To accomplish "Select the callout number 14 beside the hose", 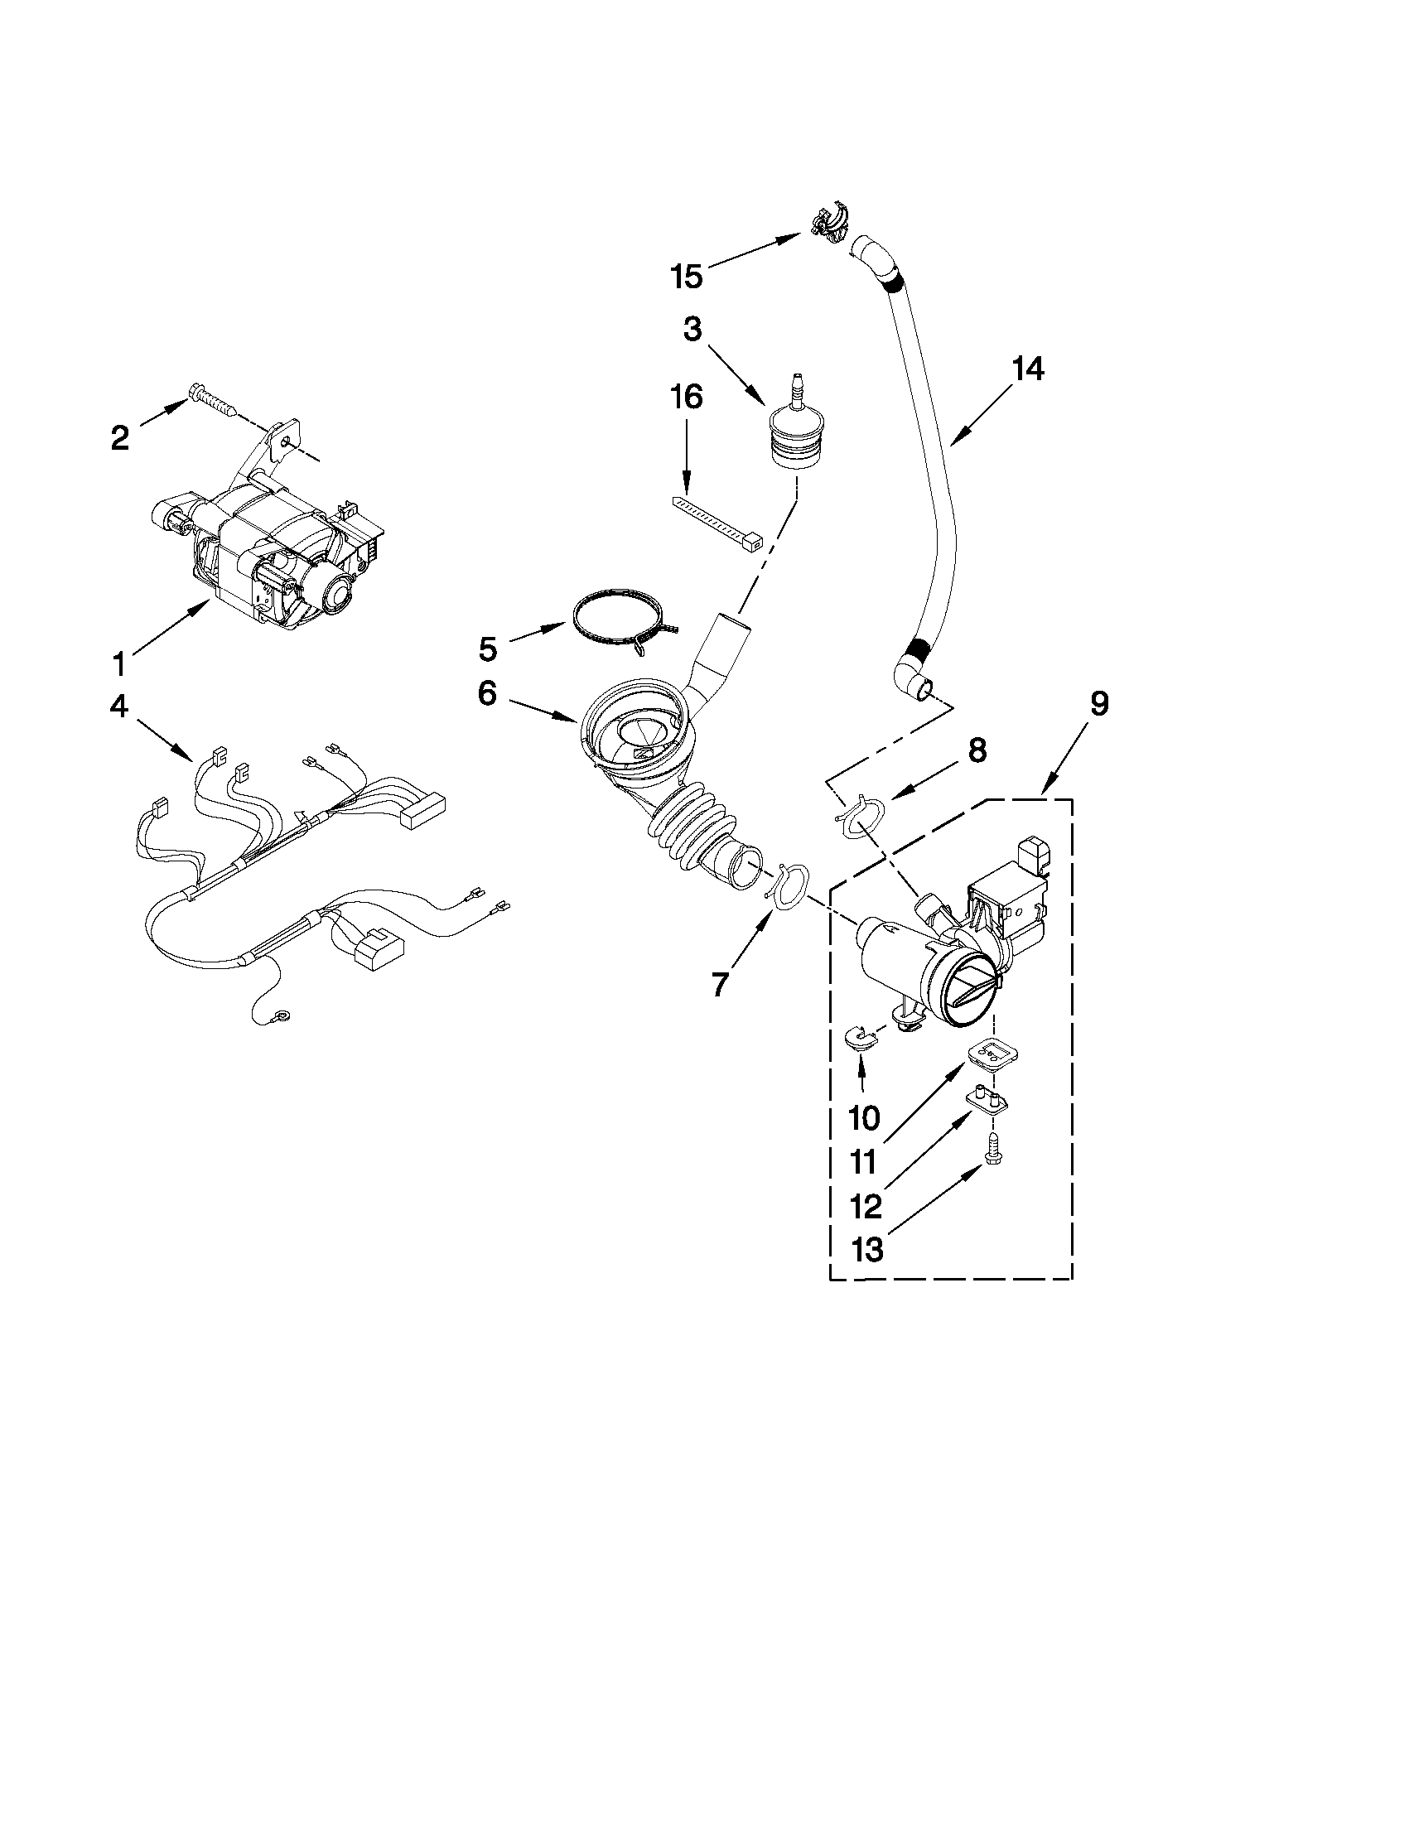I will (1027, 368).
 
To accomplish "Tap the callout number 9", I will (1099, 704).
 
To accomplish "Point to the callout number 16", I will (686, 398).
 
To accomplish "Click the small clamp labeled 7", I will (789, 885).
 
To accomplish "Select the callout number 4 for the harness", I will (119, 707).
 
